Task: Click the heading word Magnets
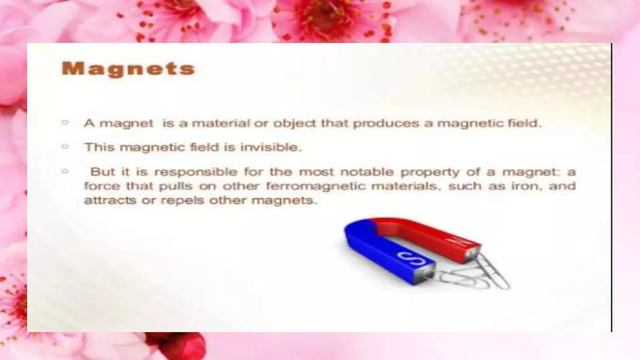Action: click(x=128, y=69)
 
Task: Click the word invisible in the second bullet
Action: click(x=271, y=147)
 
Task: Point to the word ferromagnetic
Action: click(x=316, y=186)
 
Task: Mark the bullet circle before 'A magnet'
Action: click(x=65, y=122)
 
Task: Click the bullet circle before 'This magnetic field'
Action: click(x=65, y=146)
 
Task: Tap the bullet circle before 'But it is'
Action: click(x=65, y=171)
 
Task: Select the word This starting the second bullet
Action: click(x=100, y=147)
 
